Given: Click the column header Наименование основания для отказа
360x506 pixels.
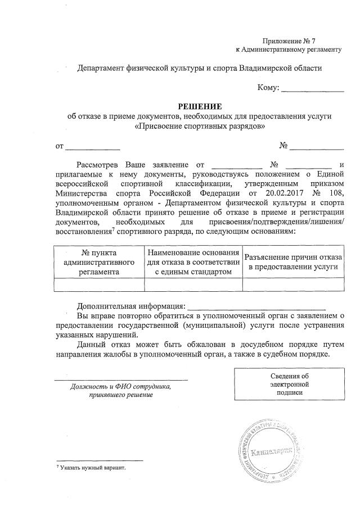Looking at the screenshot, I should [193, 262].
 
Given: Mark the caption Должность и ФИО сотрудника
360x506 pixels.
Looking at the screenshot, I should [120, 387].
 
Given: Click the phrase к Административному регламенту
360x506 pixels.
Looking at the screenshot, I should [289, 49].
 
